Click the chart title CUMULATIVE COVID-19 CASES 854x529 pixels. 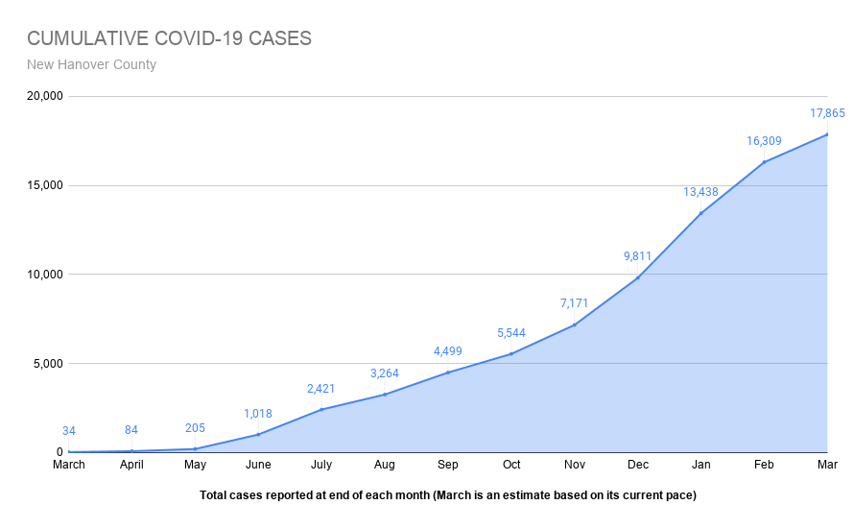169,38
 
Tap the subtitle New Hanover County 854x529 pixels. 91,65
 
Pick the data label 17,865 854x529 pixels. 827,113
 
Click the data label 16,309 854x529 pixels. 764,141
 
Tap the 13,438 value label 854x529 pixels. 700,192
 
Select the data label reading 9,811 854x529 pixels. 637,256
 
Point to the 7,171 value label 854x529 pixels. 574,303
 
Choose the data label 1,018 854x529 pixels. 257,414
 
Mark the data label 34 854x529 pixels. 68,431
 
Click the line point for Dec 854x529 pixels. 637,277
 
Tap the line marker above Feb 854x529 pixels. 764,162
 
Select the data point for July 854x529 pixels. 321,409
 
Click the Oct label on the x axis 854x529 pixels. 510,466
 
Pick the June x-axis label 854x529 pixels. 257,466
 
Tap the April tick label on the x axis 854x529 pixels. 131,466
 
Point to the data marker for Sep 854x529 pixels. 447,373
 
